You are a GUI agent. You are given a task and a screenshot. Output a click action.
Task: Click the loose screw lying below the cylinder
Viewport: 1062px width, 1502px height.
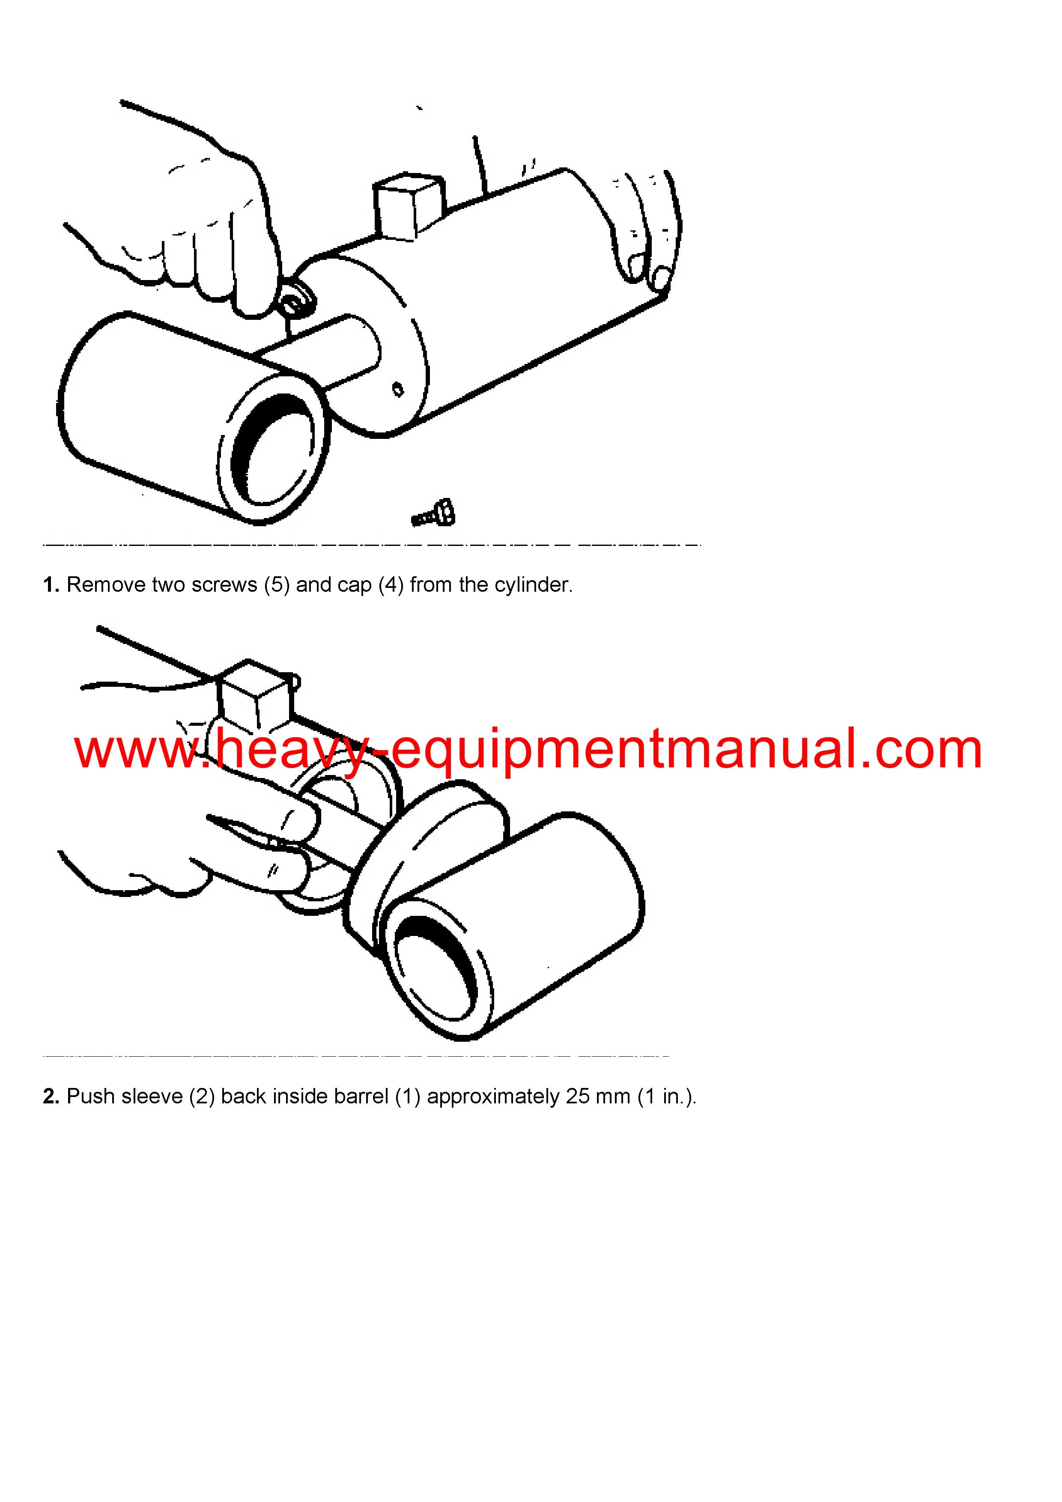click(x=433, y=513)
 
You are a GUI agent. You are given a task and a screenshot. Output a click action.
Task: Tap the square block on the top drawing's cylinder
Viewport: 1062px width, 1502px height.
click(x=408, y=206)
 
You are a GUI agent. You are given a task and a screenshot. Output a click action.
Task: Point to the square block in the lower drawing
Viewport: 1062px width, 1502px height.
click(x=255, y=694)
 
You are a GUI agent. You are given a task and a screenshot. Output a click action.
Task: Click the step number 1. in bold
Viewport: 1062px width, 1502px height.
click(x=51, y=585)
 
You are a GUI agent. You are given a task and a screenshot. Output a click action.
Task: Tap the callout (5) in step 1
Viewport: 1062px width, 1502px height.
click(x=277, y=585)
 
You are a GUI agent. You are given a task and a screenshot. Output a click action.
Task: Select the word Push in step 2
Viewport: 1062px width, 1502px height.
click(x=90, y=1097)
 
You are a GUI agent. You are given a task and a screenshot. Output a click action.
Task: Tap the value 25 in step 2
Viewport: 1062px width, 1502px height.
click(x=578, y=1097)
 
